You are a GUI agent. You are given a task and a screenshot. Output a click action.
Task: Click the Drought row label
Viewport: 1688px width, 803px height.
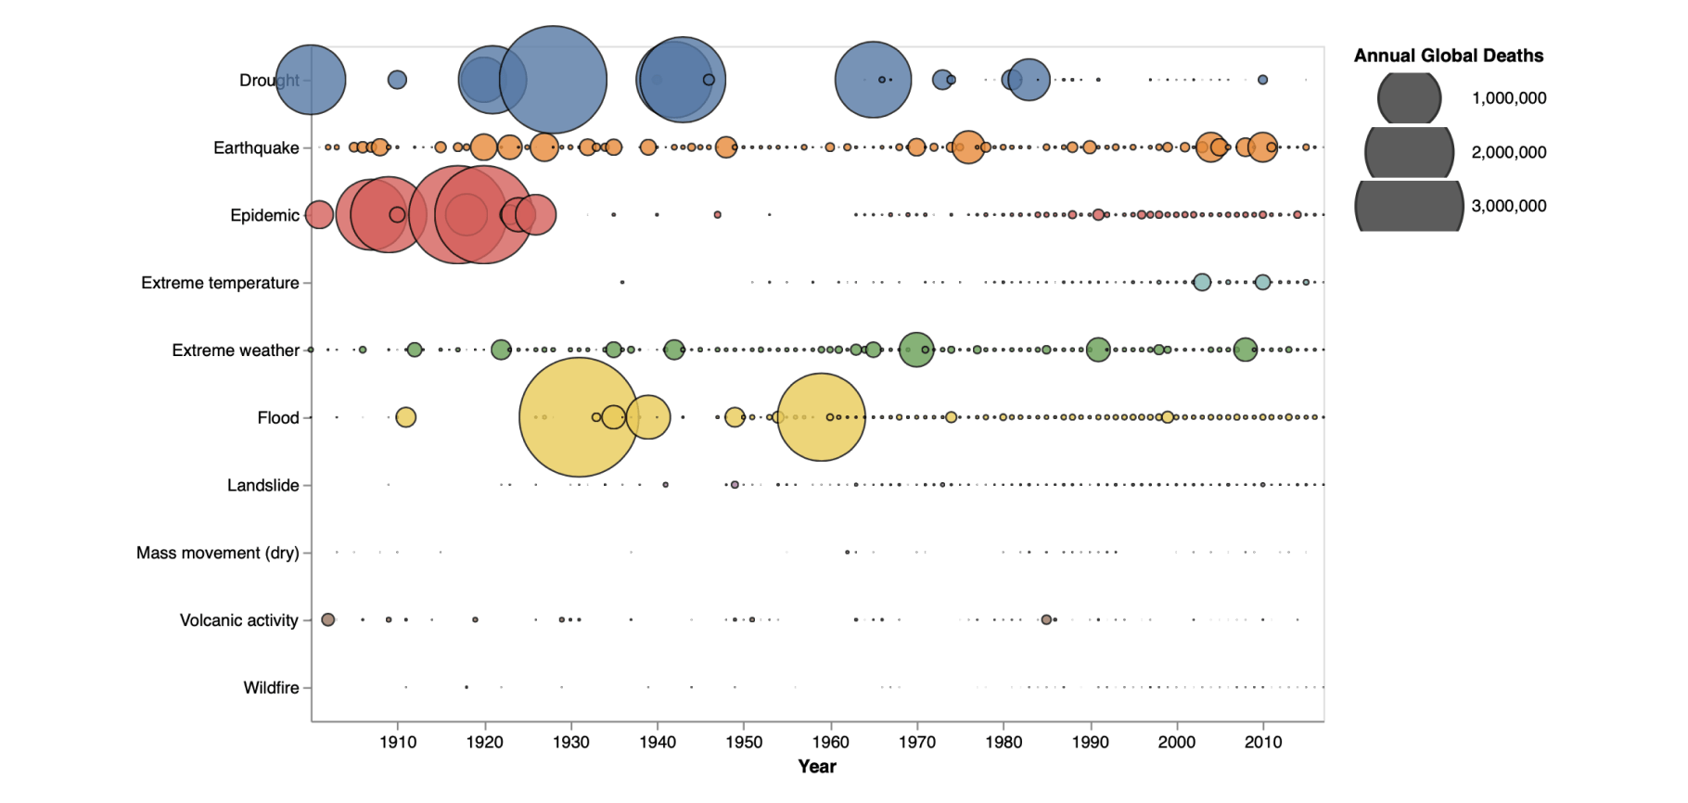(269, 81)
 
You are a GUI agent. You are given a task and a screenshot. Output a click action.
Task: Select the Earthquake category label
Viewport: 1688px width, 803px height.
(256, 148)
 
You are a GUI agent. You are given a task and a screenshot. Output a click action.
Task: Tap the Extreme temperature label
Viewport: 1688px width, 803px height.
(220, 283)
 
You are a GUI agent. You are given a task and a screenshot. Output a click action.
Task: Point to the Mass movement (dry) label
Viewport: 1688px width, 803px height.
(217, 553)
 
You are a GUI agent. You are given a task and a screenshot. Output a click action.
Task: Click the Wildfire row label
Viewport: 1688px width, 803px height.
(271, 688)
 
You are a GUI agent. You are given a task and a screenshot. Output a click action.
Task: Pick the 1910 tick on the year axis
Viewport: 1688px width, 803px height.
(398, 742)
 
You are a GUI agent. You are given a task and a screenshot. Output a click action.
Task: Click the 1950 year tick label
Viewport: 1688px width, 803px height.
(744, 742)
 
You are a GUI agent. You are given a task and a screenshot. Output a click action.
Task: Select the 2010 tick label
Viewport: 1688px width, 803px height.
(1262, 742)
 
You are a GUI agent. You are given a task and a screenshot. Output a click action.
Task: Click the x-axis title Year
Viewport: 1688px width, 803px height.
(817, 767)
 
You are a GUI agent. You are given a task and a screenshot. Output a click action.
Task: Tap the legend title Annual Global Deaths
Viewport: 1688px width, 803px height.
(1448, 56)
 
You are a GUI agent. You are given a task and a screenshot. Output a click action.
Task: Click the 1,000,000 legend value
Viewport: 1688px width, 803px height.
(1508, 98)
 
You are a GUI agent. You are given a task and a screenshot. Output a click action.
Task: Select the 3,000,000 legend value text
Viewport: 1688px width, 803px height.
(1508, 206)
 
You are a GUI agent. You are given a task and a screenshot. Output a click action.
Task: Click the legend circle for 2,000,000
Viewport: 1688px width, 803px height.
(1409, 152)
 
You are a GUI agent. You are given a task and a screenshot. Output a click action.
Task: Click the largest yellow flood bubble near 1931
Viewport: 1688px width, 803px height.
(579, 417)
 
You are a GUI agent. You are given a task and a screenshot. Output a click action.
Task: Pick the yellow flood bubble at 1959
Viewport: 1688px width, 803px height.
(821, 417)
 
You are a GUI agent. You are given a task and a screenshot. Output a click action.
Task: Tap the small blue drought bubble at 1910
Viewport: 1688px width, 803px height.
(397, 80)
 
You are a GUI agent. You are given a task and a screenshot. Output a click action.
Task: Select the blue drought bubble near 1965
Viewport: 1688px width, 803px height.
(873, 80)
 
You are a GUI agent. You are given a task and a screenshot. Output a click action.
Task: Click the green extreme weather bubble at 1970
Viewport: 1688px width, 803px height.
(916, 350)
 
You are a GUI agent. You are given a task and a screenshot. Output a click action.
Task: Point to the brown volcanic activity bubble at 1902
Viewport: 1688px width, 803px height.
(327, 619)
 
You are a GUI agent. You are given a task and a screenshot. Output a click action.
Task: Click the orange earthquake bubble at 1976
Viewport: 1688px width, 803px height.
(967, 147)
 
